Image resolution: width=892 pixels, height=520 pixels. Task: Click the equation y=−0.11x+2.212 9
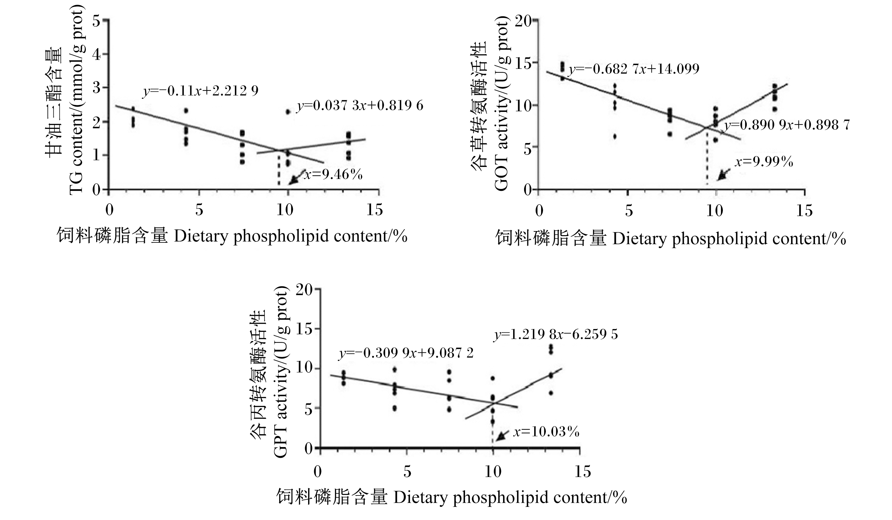click(x=201, y=91)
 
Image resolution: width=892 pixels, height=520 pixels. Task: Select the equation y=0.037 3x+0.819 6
click(x=360, y=106)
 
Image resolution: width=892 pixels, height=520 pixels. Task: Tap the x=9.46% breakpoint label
click(x=333, y=174)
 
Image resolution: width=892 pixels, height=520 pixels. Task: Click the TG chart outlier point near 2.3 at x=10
click(x=288, y=112)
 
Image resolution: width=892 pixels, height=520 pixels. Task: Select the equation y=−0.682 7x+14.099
click(x=634, y=69)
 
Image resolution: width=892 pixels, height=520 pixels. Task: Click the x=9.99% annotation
click(x=764, y=162)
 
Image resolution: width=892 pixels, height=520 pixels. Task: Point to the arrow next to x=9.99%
click(x=724, y=174)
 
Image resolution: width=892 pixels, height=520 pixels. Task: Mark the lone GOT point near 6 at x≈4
click(x=615, y=136)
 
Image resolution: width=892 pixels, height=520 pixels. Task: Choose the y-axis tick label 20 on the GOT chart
click(x=523, y=21)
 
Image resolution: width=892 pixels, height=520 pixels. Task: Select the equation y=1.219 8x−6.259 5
click(x=556, y=334)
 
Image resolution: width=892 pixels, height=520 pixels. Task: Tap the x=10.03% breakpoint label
click(x=546, y=432)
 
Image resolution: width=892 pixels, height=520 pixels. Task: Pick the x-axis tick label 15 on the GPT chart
click(x=583, y=472)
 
